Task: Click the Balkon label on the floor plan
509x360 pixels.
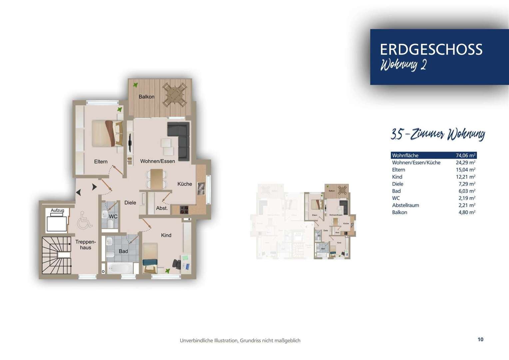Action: [146, 97]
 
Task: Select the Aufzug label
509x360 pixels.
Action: [57, 210]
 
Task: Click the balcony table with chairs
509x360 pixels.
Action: [174, 95]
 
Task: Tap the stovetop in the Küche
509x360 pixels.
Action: [184, 210]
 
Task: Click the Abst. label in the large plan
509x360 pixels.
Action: [162, 208]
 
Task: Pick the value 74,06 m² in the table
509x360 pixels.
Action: [465, 155]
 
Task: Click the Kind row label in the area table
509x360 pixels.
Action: [397, 177]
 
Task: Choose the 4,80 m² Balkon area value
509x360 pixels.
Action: [467, 212]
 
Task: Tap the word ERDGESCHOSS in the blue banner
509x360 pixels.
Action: [431, 49]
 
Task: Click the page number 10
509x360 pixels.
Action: [480, 339]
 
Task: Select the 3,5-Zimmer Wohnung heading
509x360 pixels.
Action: [437, 134]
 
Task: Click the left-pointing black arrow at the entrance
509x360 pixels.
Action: [79, 192]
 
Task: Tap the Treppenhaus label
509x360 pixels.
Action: [85, 245]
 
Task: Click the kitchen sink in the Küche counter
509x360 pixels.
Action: [201, 188]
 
